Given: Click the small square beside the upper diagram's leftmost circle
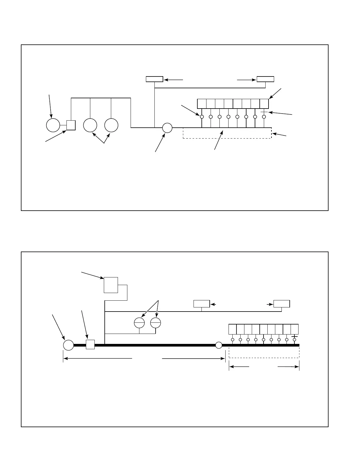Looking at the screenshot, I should pos(71,125).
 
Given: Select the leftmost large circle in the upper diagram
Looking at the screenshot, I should pos(53,125).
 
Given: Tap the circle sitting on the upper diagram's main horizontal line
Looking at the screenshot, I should pos(167,128).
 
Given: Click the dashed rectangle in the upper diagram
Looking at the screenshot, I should pos(227,133).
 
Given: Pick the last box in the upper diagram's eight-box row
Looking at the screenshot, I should pos(264,104).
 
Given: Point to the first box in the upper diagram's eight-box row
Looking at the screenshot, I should pos(201,104).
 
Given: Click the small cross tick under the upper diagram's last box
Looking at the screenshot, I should pos(264,112).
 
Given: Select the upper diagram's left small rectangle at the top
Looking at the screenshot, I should pos(154,79).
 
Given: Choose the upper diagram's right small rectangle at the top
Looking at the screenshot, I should pos(265,79).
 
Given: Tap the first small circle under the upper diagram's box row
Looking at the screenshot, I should pos(202,117).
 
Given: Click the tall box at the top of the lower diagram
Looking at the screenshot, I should pos(111,285).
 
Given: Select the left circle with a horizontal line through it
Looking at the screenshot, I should pos(139,323).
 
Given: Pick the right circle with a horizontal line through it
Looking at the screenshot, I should pos(155,323).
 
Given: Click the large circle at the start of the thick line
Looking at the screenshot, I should pos(69,345).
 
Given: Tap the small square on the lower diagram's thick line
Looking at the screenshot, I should pos(90,344).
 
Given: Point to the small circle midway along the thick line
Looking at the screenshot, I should pos(219,345).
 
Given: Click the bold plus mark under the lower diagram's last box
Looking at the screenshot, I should pos(294,336).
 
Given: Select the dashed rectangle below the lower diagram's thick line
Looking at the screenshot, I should pos(264,352).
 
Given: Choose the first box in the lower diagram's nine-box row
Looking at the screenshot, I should pos(232,329).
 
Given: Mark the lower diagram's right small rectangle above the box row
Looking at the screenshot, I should pos(281,304).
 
